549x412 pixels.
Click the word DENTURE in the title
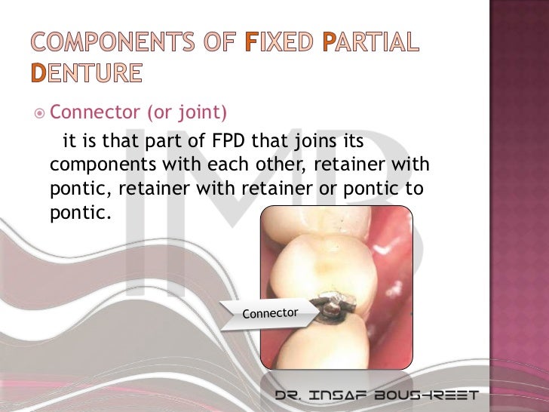[x=86, y=73]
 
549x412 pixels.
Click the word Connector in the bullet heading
[x=94, y=113]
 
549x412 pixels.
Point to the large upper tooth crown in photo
[x=324, y=257]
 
